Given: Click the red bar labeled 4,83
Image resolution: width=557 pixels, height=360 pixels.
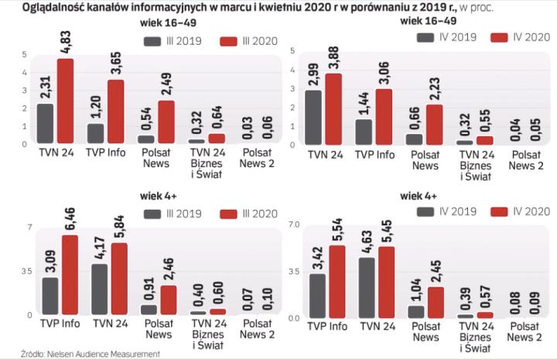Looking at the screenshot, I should pyautogui.click(x=67, y=101).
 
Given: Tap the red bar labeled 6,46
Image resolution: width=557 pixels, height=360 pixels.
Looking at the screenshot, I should pyautogui.click(x=70, y=275).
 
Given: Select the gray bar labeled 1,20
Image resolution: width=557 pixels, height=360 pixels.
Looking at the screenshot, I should pyautogui.click(x=95, y=133).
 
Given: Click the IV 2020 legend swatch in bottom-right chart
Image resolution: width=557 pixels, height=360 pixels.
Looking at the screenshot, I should pyautogui.click(x=499, y=211).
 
